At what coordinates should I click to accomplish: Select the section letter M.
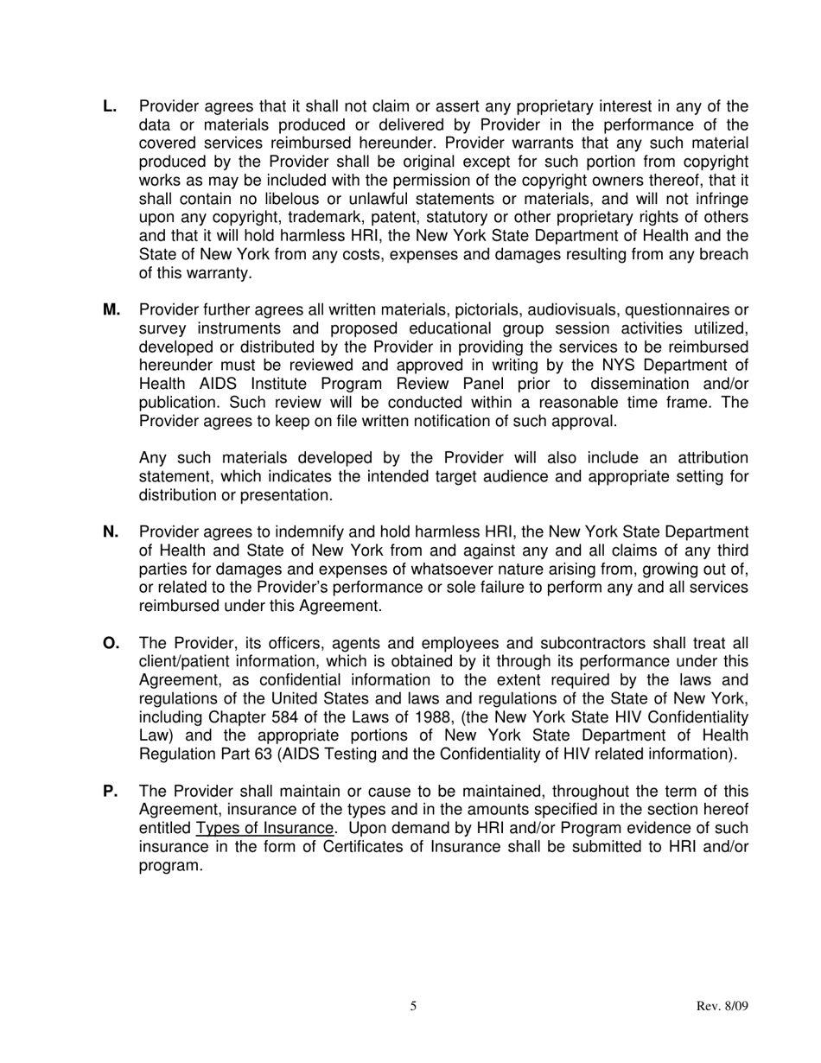tap(111, 310)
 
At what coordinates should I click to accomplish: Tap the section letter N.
tap(110, 532)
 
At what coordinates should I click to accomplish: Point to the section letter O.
tap(111, 643)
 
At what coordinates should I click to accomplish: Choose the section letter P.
tap(109, 792)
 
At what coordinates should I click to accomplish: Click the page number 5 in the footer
tap(413, 1006)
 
